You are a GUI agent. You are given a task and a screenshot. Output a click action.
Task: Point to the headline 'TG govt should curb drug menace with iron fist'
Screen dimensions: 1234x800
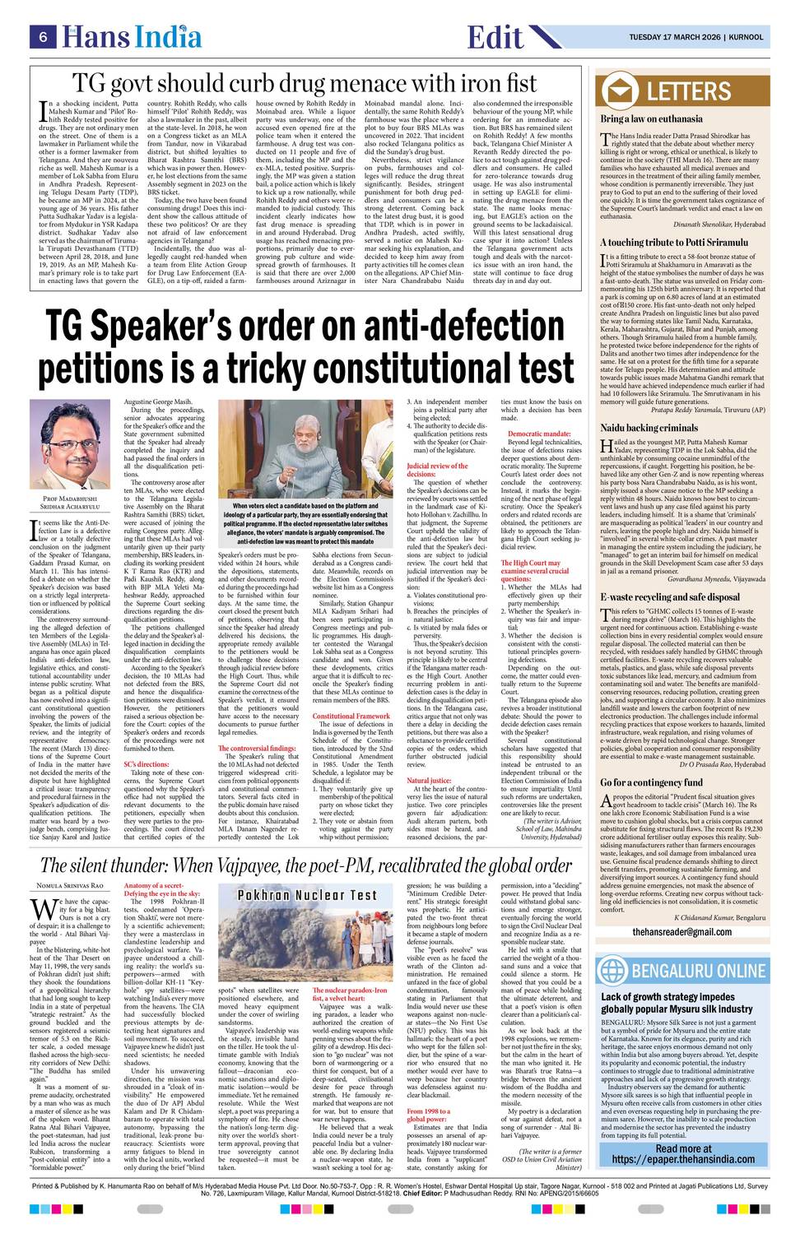pos(305,82)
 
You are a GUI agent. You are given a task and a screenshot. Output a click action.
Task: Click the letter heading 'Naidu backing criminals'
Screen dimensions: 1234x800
pos(649,428)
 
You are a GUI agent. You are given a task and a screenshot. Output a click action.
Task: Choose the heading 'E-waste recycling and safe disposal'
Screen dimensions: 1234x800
pos(669,573)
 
